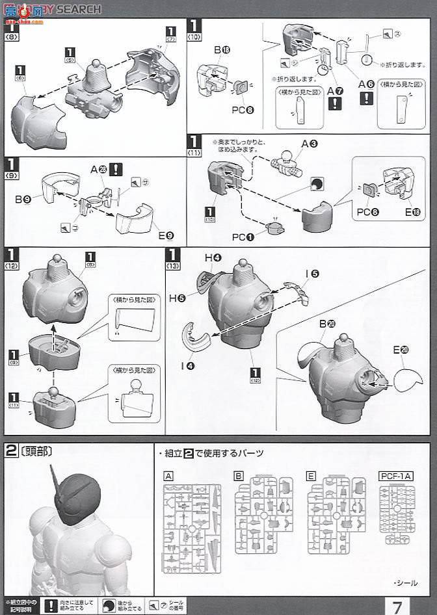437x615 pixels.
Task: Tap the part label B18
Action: click(223, 49)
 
